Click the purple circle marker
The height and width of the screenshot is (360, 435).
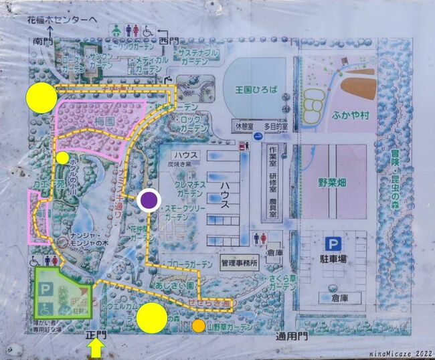pyautogui.click(x=149, y=200)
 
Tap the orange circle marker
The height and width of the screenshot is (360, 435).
pyautogui.click(x=199, y=326)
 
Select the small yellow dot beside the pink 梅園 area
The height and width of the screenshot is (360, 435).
pyautogui.click(x=62, y=158)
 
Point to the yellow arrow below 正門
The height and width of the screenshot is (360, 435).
pyautogui.click(x=96, y=348)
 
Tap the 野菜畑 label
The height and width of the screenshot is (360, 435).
pyautogui.click(x=332, y=181)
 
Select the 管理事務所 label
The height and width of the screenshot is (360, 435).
pyautogui.click(x=239, y=264)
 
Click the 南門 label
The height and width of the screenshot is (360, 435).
pyautogui.click(x=41, y=41)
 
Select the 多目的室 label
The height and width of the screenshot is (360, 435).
pyautogui.click(x=275, y=125)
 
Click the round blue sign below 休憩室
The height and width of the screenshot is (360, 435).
pyautogui.click(x=258, y=137)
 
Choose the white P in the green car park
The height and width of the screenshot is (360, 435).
pyautogui.click(x=46, y=288)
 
